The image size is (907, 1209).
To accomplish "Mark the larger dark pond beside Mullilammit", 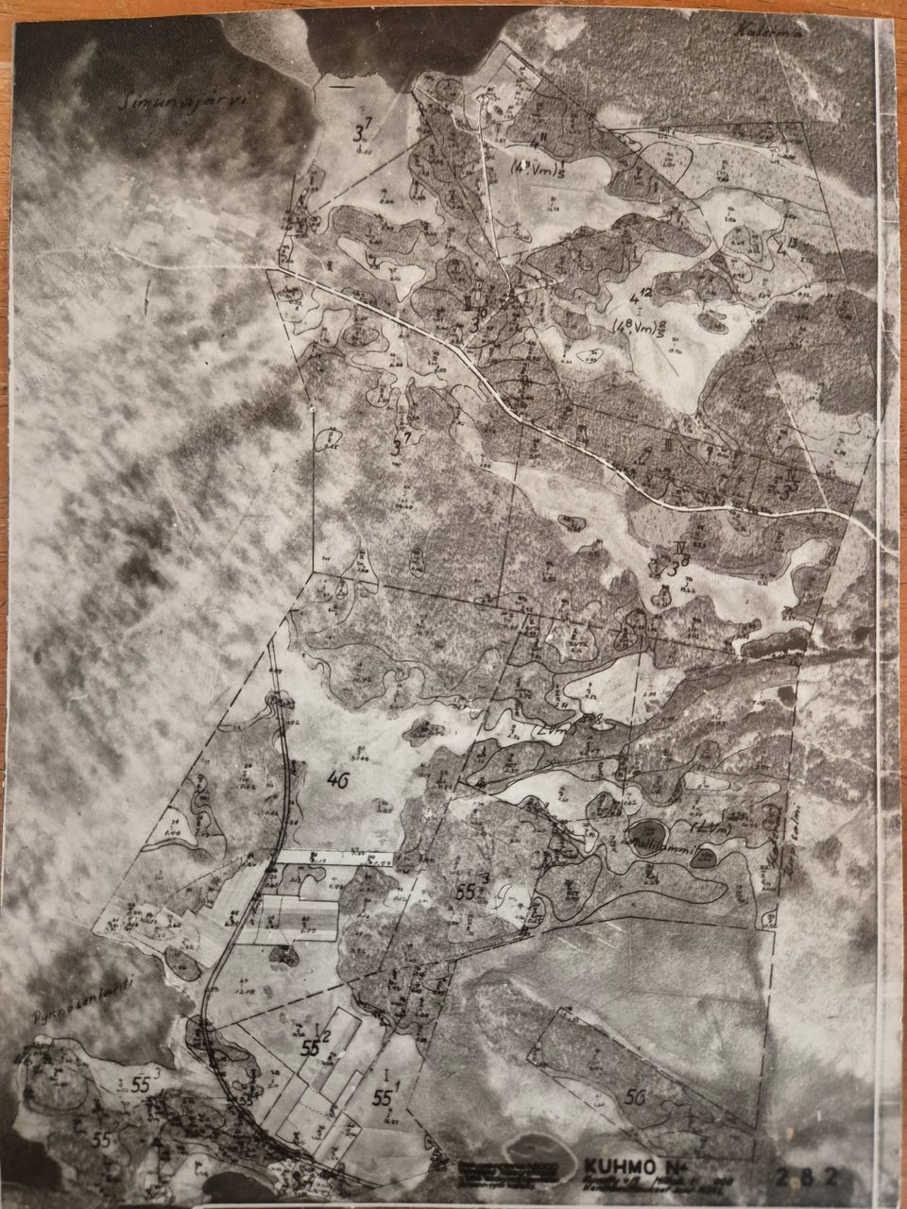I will point(648,844).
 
